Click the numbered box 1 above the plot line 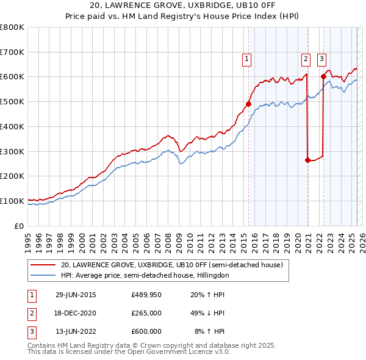[246, 59]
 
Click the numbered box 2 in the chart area [304, 59]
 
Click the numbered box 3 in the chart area [321, 59]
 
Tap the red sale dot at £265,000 [307, 160]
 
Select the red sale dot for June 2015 [248, 104]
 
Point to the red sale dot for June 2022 [323, 76]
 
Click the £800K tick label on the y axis [12, 27]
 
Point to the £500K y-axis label [12, 102]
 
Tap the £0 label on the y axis [20, 226]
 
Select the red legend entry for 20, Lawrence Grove [171, 265]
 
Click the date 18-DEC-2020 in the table [76, 313]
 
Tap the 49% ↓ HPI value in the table [203, 313]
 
